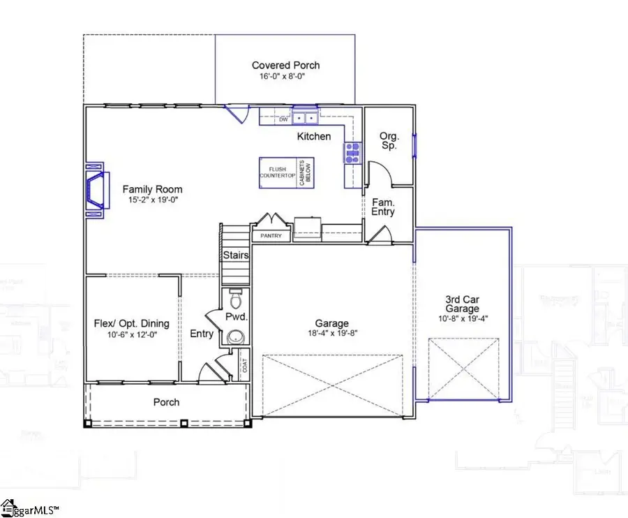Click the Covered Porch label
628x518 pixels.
tap(285, 66)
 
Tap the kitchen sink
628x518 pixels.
tap(304, 118)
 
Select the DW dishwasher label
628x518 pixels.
tap(283, 120)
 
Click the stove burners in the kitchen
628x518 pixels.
tap(351, 152)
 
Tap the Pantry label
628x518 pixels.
tap(271, 236)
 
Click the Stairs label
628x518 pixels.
tap(236, 256)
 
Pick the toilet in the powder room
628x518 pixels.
tap(236, 300)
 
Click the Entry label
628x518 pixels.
tap(202, 334)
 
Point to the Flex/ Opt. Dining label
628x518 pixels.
tap(131, 323)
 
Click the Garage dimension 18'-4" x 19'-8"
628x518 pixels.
tap(331, 334)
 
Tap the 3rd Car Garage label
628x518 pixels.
tap(463, 304)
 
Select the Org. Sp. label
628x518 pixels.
tap(388, 141)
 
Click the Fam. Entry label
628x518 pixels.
tap(383, 206)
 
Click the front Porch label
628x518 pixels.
tap(166, 402)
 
